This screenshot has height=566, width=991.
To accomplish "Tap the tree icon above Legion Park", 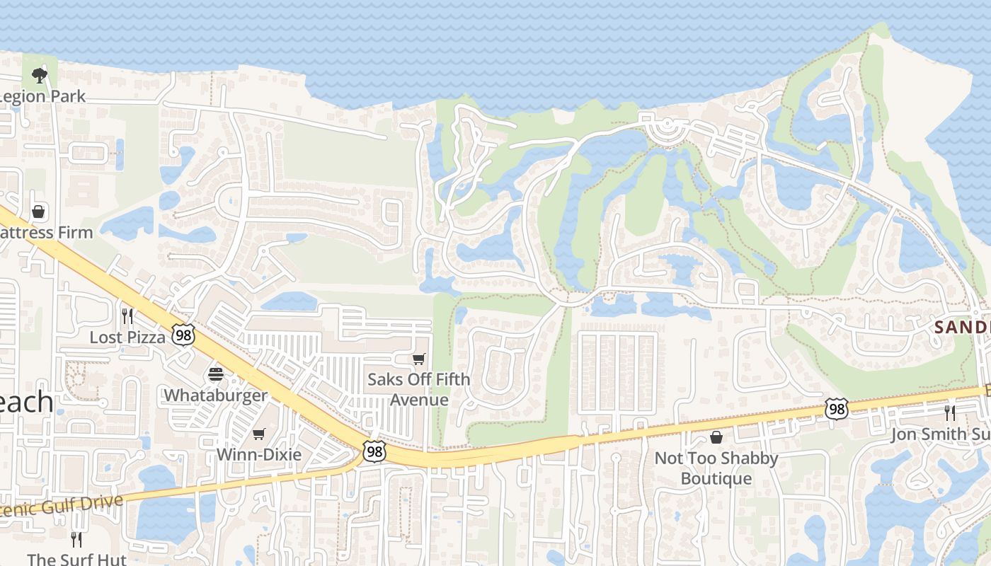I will (40, 75).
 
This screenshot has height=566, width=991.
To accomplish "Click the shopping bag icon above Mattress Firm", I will (38, 212).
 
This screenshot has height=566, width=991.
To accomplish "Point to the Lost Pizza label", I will (127, 337).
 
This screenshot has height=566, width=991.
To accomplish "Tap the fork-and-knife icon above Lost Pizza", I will (127, 316).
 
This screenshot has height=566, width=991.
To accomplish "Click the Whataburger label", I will (216, 395).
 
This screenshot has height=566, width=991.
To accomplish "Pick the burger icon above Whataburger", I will (216, 374).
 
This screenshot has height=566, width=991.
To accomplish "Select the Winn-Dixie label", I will (259, 454).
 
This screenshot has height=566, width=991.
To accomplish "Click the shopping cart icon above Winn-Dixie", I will (259, 434).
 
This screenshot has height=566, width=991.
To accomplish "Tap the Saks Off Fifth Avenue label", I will (419, 389).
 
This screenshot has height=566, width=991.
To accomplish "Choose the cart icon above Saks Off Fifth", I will (419, 359).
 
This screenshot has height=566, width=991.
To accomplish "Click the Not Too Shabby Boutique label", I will (716, 468).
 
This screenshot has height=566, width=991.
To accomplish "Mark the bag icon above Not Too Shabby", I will (716, 437).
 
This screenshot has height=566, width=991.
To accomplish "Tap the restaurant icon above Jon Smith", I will (950, 412).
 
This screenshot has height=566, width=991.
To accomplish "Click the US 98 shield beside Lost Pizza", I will (183, 335).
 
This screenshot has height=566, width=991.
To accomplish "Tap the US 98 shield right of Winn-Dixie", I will (374, 451).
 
